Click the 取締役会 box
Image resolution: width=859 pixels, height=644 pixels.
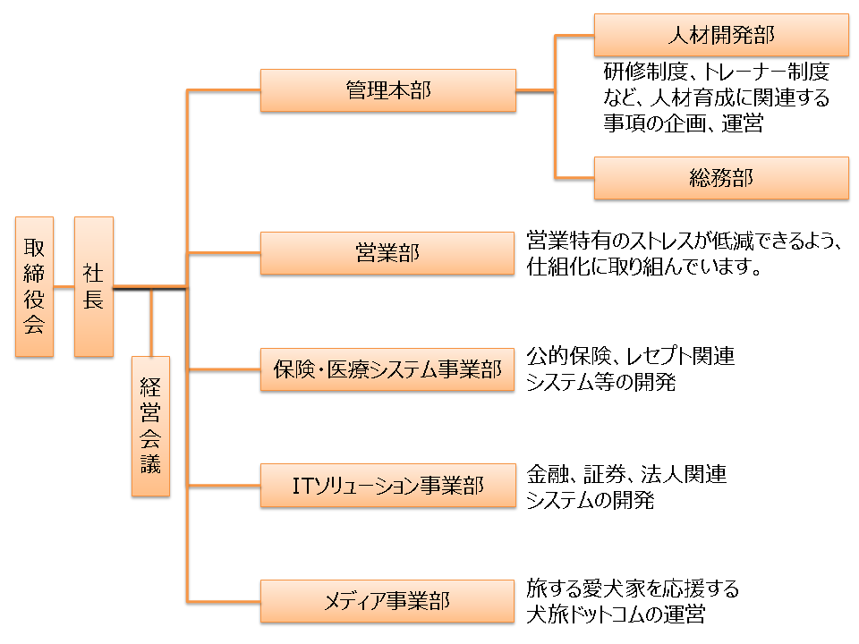coord(34,286)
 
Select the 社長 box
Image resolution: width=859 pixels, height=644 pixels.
coord(93,286)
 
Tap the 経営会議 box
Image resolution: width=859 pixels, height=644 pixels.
coord(150,426)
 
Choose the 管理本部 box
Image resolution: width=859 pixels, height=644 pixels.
coord(387,90)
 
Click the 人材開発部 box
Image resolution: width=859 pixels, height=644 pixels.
coord(721,35)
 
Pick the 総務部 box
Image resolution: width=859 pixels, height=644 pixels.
coord(721,178)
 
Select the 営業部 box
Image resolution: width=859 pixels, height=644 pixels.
coord(387,253)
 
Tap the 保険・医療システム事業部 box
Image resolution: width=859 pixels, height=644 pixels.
coord(387,369)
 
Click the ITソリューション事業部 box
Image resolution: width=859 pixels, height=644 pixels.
coord(387,486)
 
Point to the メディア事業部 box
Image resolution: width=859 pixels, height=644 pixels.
coord(387,601)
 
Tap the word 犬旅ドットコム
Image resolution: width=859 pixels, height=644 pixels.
coord(594,615)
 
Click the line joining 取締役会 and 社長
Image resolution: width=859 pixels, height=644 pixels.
coord(64,287)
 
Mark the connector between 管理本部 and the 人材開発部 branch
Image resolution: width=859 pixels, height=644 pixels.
coord(535,90)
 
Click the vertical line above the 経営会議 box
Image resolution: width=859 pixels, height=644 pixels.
coord(152,322)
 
